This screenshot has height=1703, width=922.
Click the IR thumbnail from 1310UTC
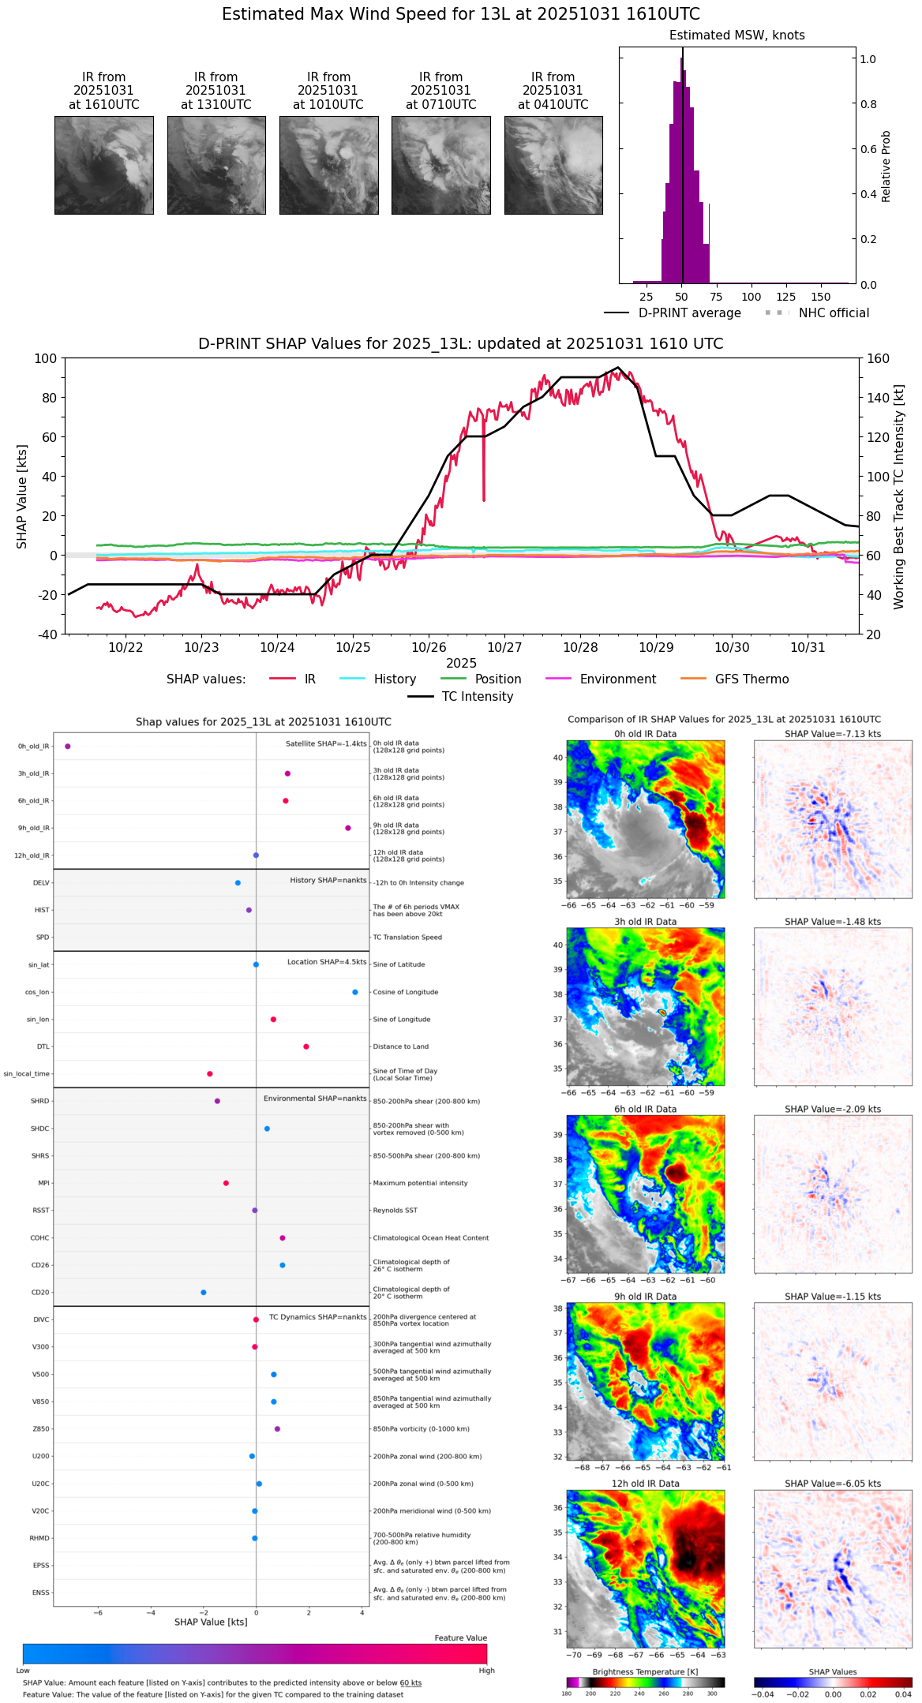pos(216,165)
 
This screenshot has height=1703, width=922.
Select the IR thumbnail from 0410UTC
pos(553,165)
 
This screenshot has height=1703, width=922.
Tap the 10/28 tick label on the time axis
pos(580,647)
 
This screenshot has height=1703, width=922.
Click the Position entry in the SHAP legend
pos(497,679)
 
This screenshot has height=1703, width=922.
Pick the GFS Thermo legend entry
pos(751,679)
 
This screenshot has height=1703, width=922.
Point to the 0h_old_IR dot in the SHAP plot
pos(68,746)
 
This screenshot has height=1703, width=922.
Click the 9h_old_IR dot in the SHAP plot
pos(347,828)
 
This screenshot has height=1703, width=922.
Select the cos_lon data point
pos(355,992)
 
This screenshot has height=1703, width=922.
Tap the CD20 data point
pos(204,1293)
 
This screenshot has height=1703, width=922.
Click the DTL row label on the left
pos(43,1046)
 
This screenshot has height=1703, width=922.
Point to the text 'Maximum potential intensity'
pos(420,1183)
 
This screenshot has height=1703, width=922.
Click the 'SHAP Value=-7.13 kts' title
pos(833,734)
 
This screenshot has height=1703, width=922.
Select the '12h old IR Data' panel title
pos(645,1484)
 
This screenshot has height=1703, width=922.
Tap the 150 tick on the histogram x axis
pos(821,297)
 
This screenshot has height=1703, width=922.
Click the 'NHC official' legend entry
pos(834,313)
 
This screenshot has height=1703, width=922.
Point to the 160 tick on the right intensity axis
pos(879,358)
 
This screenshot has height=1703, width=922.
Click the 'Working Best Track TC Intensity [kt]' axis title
pos(899,497)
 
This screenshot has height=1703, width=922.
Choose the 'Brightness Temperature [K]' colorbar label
pos(645,1671)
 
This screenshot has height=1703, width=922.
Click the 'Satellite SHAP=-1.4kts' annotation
pos(326,743)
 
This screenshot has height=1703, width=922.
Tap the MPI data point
pos(226,1183)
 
